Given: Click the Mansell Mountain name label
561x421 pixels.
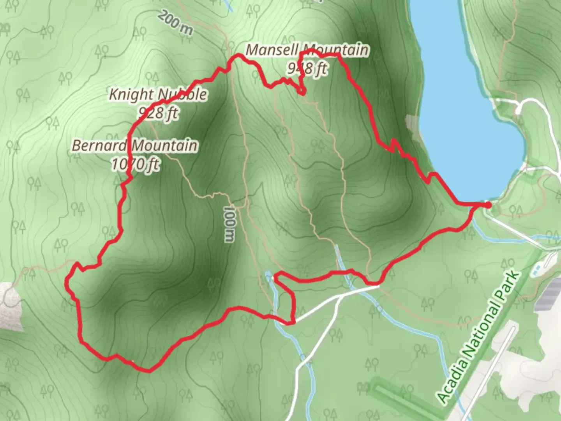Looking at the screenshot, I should tap(307, 50).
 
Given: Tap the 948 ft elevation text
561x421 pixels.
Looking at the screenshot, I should tap(307, 69).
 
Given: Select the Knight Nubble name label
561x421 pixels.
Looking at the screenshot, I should tap(158, 94).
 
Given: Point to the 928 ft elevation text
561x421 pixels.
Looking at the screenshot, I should tap(158, 113).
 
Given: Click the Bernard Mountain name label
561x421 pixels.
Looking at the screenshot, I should tap(135, 146).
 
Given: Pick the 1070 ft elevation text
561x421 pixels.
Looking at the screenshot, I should tap(135, 164).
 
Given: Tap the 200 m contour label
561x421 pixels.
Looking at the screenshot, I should tap(175, 23).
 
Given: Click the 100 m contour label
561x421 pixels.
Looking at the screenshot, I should tap(229, 224).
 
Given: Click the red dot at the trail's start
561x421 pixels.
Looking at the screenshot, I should tap(488, 204).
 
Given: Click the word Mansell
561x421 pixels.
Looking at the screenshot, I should tap(272, 50).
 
